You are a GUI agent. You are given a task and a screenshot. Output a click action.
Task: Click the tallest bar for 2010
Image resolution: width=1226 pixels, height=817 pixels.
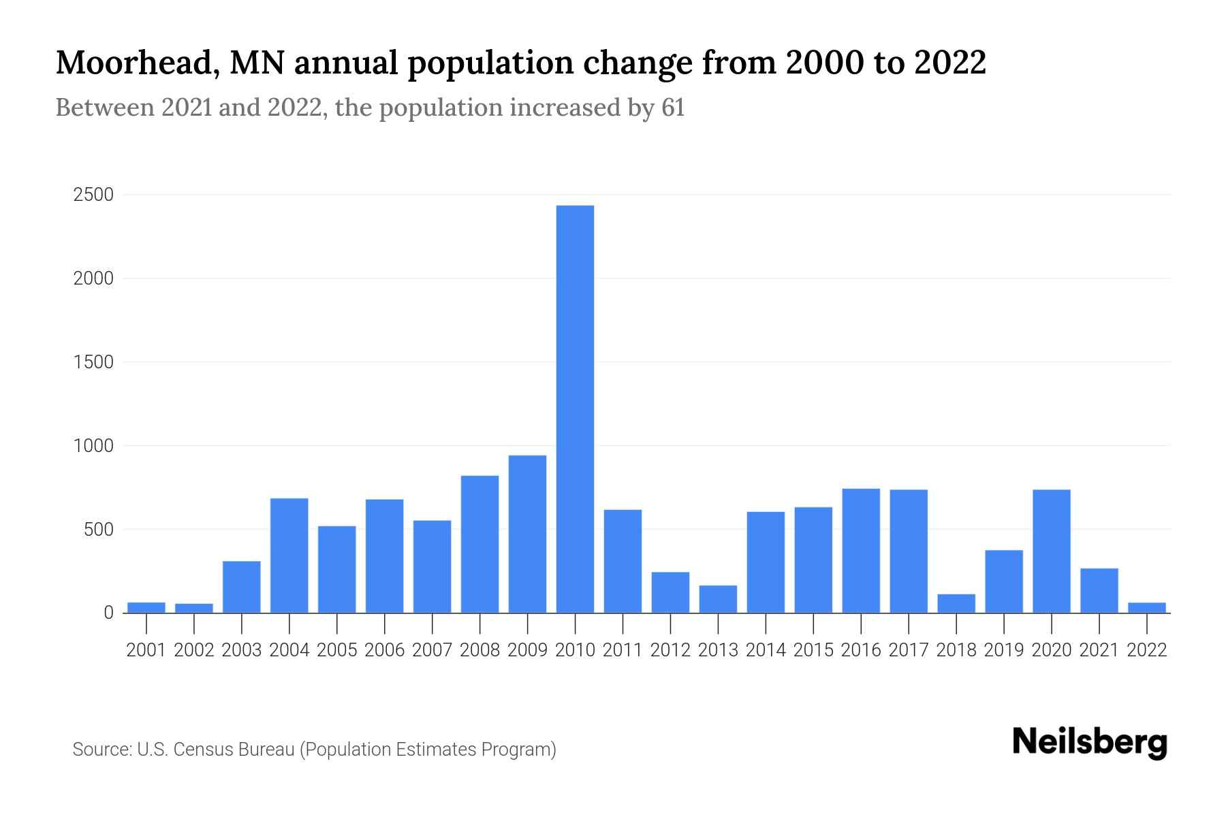tap(575, 408)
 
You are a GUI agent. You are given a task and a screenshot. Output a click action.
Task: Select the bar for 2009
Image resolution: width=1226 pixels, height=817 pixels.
tap(527, 534)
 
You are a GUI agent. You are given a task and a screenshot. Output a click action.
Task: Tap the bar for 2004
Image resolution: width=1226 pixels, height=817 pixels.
tap(289, 556)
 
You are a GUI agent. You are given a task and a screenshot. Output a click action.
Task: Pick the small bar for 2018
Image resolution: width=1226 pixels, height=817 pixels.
tap(956, 604)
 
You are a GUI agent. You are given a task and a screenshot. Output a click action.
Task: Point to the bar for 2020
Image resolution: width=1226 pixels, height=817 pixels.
tap(1052, 551)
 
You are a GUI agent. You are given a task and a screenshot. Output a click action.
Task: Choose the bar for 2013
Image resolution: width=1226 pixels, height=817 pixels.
tap(718, 599)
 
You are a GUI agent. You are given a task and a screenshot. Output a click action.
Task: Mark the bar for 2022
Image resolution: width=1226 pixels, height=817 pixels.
tap(1147, 608)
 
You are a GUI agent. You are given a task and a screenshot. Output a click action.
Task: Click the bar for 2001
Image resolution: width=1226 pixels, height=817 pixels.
tap(146, 607)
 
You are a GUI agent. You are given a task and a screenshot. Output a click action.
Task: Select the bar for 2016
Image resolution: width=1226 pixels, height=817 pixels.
tap(861, 550)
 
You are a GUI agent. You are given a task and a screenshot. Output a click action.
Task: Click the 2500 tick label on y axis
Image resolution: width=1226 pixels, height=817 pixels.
tap(93, 195)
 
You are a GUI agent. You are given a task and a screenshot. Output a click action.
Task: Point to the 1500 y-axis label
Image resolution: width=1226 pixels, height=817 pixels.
tap(93, 362)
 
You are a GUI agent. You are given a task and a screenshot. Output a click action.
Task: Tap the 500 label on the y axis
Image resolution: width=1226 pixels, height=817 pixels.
tap(98, 530)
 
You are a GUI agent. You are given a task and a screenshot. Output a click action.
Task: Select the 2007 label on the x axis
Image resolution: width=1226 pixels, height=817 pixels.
tap(432, 650)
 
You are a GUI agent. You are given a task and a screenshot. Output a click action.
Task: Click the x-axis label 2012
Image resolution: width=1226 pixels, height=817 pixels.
tap(670, 650)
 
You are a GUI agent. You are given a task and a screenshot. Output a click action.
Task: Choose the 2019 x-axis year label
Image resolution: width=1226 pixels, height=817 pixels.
tap(1004, 650)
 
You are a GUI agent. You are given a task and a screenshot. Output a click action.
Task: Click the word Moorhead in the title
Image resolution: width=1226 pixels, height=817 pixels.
tap(137, 63)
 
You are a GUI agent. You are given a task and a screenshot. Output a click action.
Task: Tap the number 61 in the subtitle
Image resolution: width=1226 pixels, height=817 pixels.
tap(672, 108)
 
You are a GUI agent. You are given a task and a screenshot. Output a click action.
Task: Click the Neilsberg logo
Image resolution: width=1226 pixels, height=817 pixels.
tap(1090, 742)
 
